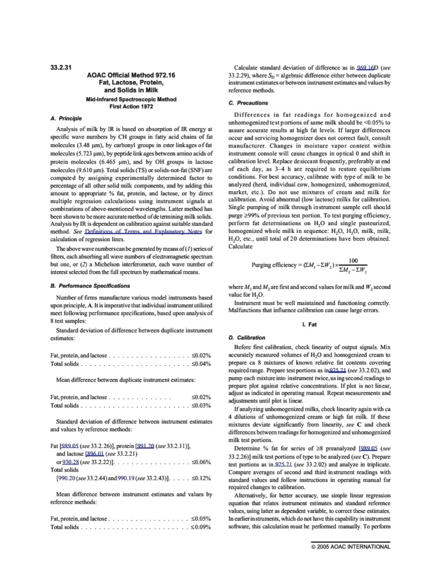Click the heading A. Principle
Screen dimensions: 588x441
[67, 118]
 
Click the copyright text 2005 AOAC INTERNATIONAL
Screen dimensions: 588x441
[354, 547]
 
